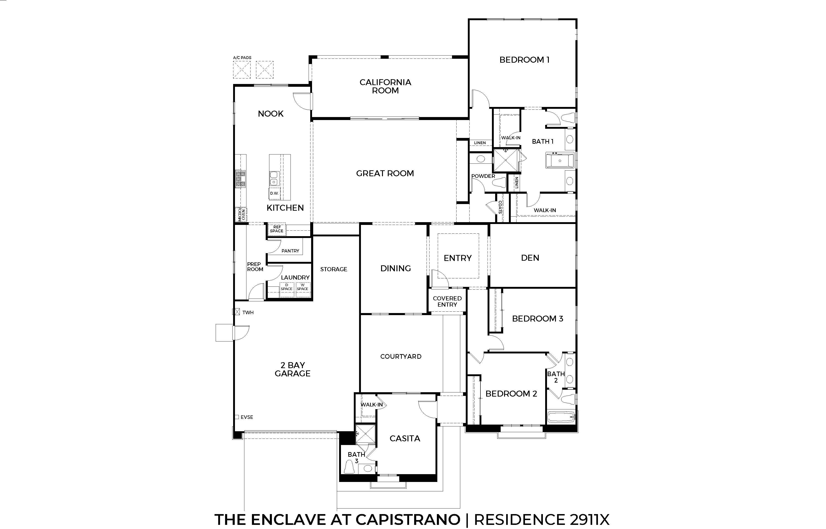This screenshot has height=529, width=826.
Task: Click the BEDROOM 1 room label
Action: click(x=524, y=60)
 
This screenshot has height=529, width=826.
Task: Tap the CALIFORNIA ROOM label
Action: click(x=385, y=86)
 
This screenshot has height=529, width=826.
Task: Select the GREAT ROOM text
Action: click(x=385, y=174)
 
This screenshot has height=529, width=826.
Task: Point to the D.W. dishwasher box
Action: click(x=274, y=193)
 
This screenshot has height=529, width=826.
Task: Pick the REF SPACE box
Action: click(x=276, y=229)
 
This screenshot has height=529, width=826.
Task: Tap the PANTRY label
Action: click(x=290, y=251)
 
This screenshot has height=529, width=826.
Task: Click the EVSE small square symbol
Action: click(x=237, y=417)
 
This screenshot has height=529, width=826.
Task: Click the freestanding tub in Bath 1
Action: click(x=560, y=161)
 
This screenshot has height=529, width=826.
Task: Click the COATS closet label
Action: click(x=500, y=207)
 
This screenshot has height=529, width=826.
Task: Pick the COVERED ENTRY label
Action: click(x=447, y=302)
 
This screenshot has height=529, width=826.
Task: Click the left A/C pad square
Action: click(x=242, y=70)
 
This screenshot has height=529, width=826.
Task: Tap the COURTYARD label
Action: click(x=401, y=357)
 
